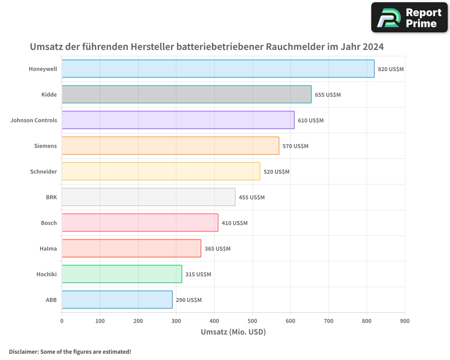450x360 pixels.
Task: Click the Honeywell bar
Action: point(218,69)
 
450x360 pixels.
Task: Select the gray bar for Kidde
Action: point(186,94)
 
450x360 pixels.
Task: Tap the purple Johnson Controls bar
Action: point(178,120)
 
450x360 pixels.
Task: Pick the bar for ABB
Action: point(117,300)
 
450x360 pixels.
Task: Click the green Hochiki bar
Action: point(121,274)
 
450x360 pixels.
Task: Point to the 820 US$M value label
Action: point(391,69)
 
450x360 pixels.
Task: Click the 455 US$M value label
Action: point(252,198)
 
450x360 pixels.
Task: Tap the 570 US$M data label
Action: point(295,146)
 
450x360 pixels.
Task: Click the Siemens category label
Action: point(45,146)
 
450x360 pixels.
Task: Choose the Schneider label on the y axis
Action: point(44,171)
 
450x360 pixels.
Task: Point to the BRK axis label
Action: point(51,197)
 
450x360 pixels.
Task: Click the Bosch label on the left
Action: point(49,223)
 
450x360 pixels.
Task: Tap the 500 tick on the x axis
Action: point(252,321)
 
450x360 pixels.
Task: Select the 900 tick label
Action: point(405,321)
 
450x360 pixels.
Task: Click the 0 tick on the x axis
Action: point(62,321)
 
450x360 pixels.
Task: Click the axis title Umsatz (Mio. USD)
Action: point(233,332)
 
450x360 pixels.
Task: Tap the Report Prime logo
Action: point(409,18)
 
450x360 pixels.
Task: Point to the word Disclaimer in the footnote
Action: point(23,351)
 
